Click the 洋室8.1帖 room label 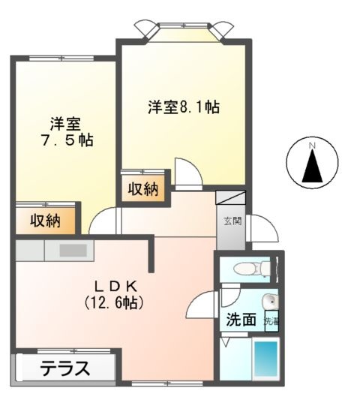click(x=183, y=107)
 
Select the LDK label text click(x=114, y=287)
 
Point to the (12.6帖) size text click(x=114, y=303)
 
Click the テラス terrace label click(x=66, y=369)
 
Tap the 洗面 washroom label click(x=242, y=319)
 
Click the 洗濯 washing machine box click(x=271, y=320)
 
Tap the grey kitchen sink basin click(x=72, y=249)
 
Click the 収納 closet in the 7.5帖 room click(x=46, y=221)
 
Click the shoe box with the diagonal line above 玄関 click(x=230, y=198)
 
